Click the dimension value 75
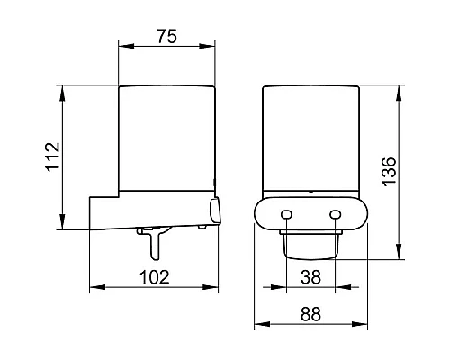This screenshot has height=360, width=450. click(167, 36)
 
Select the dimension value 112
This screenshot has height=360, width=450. click(53, 157)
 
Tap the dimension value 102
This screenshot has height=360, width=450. click(155, 277)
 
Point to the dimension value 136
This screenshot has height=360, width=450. click(390, 171)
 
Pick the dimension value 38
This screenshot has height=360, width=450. click(310, 277)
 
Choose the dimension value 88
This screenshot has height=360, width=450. click(310, 314)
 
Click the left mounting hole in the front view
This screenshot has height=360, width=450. click(286, 214)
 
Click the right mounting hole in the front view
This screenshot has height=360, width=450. click(335, 214)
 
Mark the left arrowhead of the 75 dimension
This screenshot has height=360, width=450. click(126, 46)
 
